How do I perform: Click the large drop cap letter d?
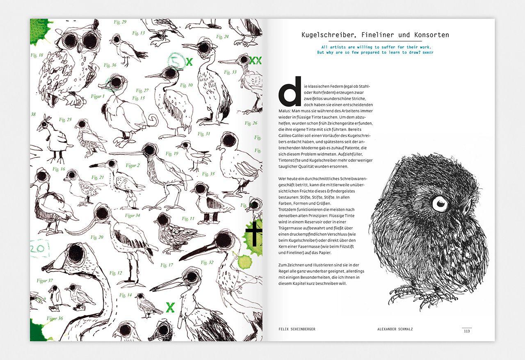click(290, 91)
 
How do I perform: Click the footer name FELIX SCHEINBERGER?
click(297, 329)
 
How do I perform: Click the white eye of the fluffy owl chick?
click(440, 203)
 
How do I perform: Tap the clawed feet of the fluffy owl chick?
click(414, 297)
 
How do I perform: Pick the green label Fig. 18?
click(37, 55)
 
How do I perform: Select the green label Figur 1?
click(98, 96)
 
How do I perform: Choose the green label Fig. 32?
click(207, 262)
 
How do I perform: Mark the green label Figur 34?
click(132, 215)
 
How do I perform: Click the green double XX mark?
click(255, 61)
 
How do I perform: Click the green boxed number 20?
click(40, 249)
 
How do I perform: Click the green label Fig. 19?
click(172, 154)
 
